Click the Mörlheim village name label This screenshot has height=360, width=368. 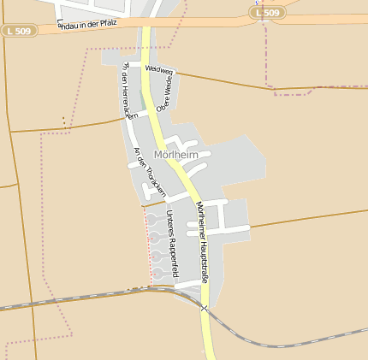tap(175, 155)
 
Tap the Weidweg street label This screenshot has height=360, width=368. tap(159, 70)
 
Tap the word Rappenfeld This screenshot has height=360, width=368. tap(174, 257)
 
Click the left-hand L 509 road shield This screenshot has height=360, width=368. tap(17, 31)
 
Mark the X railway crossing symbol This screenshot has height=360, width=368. tap(205, 308)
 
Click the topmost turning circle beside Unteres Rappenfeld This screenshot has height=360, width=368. tap(151, 220)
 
